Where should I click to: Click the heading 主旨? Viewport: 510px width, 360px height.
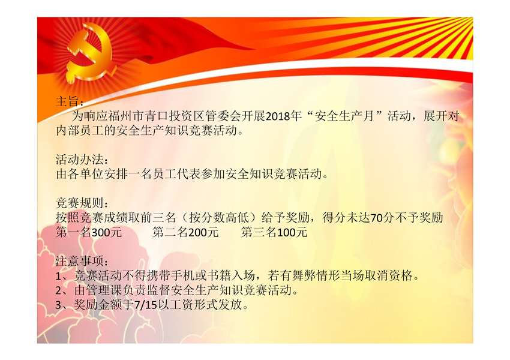pos(67,101)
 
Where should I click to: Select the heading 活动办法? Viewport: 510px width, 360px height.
pos(79,160)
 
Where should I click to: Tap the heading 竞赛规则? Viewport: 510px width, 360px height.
pos(79,203)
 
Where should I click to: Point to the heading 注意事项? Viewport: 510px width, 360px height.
pos(79,261)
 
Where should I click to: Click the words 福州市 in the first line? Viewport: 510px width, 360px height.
pos(126,116)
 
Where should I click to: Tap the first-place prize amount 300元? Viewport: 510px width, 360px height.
pos(107,232)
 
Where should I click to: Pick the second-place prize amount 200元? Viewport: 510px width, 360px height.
pos(203,232)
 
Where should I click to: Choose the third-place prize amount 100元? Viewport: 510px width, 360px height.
pos(292,232)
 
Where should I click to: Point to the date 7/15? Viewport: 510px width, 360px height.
pos(146,305)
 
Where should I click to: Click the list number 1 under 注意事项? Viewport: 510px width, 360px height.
pos(59,276)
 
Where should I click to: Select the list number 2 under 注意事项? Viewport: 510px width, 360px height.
pos(59,290)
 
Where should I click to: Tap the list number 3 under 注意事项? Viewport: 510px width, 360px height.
pos(59,305)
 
